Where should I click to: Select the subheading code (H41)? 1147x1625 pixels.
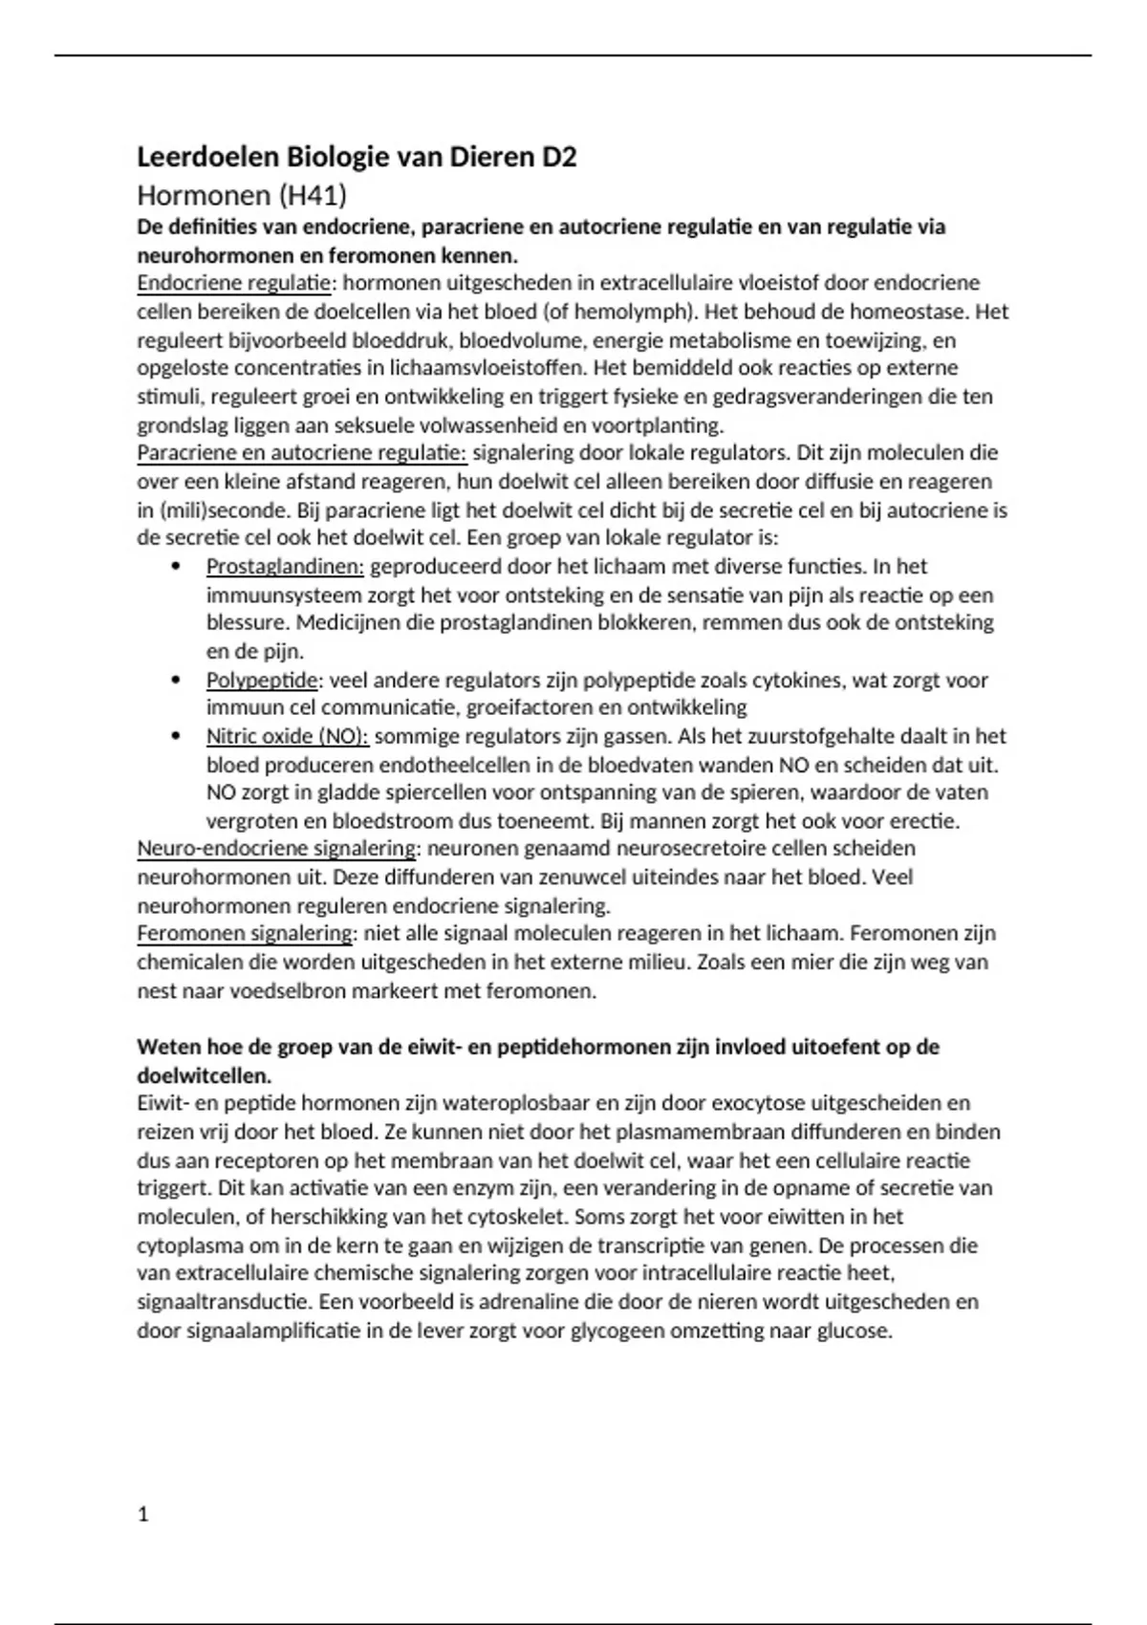[x=313, y=196]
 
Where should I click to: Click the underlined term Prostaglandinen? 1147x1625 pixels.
[x=285, y=567]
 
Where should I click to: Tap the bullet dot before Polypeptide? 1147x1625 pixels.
[x=175, y=681]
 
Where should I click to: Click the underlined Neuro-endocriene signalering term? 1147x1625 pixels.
[x=277, y=849]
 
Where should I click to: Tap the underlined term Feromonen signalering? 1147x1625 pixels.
[x=246, y=934]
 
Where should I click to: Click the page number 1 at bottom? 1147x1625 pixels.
[x=143, y=1515]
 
